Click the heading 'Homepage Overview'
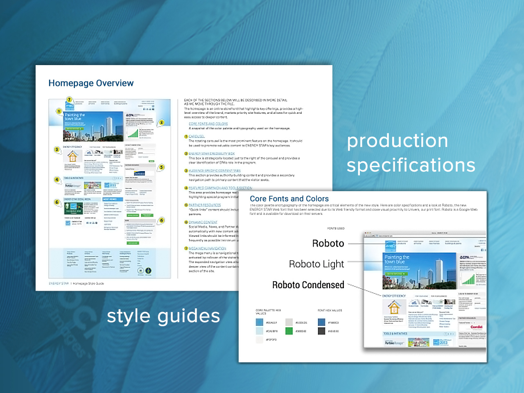[x=91, y=83]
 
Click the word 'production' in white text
[x=397, y=141]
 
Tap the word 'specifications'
[x=411, y=165]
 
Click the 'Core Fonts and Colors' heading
[x=289, y=199]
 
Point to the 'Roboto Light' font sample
[x=316, y=264]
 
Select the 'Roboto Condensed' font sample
[x=308, y=285]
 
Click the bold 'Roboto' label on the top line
[x=328, y=244]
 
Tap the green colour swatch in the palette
[x=289, y=331]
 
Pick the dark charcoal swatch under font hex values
[x=321, y=331]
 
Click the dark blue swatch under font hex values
[x=321, y=322]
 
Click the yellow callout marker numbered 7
[x=70, y=99]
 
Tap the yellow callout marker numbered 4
[x=57, y=179]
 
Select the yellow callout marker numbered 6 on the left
[x=57, y=202]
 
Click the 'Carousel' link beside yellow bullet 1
[x=196, y=136]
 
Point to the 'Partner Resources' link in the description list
[x=205, y=205]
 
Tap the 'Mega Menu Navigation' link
[x=207, y=248]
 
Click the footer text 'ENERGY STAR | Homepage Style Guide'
[x=77, y=283]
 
